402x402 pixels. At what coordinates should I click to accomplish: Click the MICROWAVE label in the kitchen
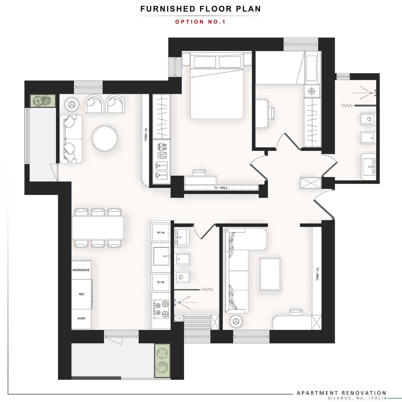81,270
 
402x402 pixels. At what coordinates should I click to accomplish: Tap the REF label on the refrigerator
81,294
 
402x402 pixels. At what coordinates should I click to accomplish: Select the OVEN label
81,318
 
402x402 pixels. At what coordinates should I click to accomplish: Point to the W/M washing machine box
161,232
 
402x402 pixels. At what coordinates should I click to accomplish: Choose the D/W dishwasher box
161,282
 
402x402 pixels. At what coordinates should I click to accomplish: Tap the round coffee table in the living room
105,139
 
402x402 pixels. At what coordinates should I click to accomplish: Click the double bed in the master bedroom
217,86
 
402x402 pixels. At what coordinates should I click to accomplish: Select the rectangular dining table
98,228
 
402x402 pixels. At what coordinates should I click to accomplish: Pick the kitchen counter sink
161,256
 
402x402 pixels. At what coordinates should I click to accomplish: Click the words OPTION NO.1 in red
200,22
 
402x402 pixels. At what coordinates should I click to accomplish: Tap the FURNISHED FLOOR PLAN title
200,9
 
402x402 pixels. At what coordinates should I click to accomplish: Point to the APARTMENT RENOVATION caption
342,393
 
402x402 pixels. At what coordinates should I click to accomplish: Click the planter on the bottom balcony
162,361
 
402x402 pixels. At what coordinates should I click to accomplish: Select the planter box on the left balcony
43,101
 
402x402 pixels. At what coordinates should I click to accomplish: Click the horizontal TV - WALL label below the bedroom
221,188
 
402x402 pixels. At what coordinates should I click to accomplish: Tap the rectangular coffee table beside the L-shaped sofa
270,274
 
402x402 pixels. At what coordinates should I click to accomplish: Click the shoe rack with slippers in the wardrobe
162,161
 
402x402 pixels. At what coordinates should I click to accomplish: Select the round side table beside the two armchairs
72,104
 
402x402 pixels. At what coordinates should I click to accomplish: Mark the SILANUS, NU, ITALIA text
358,398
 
